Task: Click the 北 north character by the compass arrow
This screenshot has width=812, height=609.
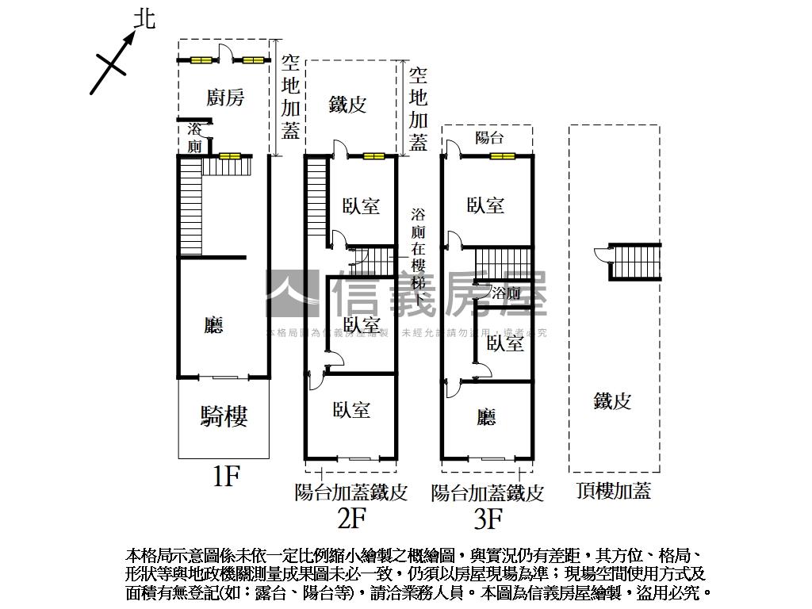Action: coord(143,18)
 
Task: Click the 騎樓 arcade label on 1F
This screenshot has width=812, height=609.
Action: coord(224,416)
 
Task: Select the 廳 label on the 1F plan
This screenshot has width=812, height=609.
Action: coord(213,324)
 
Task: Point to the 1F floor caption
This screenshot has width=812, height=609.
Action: coord(225,477)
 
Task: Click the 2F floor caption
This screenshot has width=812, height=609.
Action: coord(350,519)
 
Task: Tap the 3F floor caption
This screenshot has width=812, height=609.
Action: coord(488,519)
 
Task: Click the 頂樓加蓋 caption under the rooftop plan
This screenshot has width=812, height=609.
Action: coord(614,491)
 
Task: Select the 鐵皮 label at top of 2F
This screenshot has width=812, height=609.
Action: coord(348,104)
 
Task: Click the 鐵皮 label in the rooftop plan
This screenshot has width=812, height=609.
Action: coord(612,401)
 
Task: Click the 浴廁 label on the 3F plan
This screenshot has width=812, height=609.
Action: coord(506,293)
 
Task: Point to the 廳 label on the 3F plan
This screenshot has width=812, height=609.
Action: coord(487,417)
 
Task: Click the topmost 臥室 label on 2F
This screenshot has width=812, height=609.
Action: coord(362,206)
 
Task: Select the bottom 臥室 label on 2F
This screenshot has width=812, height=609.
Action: coord(352,410)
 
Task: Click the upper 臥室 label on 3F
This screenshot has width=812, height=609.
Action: coord(485,205)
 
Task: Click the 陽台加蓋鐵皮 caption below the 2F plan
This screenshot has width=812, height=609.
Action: coord(350,492)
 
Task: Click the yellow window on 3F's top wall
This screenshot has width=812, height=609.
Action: coord(501,156)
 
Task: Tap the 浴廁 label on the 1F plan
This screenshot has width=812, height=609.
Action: coord(194,138)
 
